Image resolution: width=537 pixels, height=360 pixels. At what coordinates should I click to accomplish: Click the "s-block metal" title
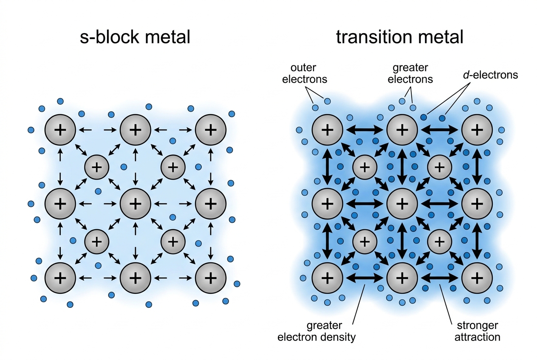tap(135, 37)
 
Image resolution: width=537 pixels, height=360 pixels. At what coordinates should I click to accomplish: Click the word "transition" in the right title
tap(374, 37)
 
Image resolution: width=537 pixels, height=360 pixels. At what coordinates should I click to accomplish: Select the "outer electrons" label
tap(305, 73)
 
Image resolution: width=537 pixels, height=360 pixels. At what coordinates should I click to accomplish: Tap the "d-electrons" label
tap(491, 75)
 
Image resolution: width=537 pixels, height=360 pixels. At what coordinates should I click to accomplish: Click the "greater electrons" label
tap(410, 73)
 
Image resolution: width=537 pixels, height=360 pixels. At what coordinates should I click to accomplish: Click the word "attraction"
tap(477, 337)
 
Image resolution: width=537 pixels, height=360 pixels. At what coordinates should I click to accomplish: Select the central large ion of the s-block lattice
tap(136, 204)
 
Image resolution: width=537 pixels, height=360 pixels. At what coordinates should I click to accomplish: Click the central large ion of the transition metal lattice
tap(402, 204)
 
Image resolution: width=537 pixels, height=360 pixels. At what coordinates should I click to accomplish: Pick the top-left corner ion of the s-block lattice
tap(60, 130)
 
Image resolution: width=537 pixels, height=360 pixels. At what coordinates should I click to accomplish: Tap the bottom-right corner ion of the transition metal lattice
tap(477, 278)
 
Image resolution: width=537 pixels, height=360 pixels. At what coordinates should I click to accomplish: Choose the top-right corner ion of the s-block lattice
tap(211, 130)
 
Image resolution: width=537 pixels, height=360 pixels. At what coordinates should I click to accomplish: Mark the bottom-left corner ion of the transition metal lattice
tap(327, 278)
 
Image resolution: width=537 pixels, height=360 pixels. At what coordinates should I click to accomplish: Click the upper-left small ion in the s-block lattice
tap(96, 167)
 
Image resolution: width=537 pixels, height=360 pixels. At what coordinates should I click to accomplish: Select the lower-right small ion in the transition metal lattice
tap(440, 242)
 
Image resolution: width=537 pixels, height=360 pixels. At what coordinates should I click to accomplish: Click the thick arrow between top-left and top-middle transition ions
tap(365, 130)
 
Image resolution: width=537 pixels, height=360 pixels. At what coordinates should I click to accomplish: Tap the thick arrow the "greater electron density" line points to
tap(365, 278)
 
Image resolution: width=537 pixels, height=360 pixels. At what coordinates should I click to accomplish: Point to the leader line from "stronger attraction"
tap(446, 304)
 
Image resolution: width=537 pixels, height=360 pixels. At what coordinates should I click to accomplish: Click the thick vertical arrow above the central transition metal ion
tap(402, 167)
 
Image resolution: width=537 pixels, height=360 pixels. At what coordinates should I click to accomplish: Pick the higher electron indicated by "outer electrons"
tap(327, 101)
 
